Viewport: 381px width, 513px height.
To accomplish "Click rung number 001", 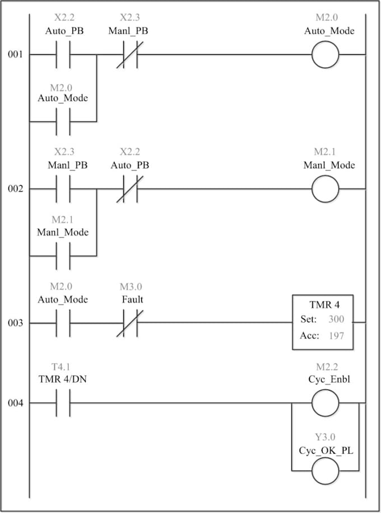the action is coord(15,54).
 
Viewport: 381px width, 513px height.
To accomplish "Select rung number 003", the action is coord(15,323).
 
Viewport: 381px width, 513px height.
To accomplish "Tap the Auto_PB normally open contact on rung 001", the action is coord(63,55).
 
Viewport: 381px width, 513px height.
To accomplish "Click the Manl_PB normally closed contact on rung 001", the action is coord(130,55).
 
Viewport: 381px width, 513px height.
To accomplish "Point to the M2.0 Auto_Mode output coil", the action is coord(325,55).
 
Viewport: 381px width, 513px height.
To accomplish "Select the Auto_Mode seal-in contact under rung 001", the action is coord(63,122).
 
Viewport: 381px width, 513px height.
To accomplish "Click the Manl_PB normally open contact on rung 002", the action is coord(63,189).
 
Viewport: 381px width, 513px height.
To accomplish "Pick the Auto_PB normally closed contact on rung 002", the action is coord(130,189).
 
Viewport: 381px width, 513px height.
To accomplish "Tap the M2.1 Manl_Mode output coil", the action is coord(325,189).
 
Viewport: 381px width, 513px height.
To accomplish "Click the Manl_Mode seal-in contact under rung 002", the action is coord(63,256).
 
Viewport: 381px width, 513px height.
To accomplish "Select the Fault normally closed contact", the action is coord(130,323).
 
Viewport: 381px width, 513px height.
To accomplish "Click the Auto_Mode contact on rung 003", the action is coord(63,323).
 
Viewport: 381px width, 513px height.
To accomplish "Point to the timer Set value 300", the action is coord(336,319).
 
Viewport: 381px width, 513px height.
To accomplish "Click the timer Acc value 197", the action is coord(336,336).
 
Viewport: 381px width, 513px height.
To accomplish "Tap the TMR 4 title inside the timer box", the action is coord(324,305).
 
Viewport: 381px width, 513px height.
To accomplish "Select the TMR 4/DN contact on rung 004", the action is coord(63,403).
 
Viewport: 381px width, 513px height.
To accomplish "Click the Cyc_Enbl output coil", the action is coord(325,403).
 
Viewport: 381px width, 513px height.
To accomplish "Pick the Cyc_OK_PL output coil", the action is coord(325,471).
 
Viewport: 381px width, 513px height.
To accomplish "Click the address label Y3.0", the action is coord(325,437).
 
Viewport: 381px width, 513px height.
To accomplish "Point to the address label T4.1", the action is coord(61,367).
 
